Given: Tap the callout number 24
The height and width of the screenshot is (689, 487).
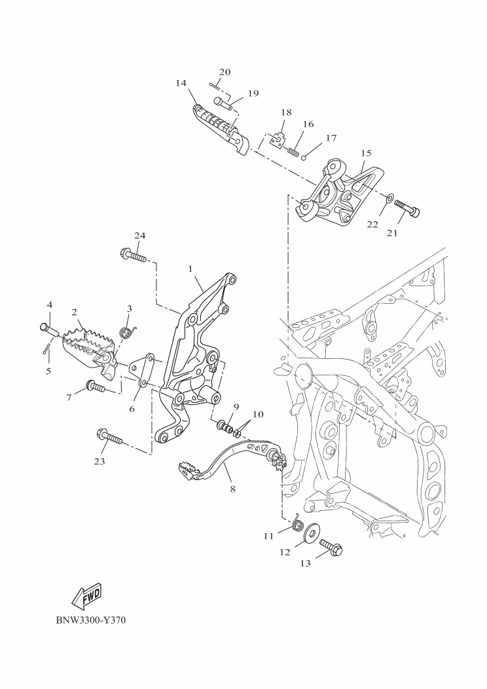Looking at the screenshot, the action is pos(139,236).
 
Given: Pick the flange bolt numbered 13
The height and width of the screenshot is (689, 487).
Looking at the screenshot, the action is pos(331,547).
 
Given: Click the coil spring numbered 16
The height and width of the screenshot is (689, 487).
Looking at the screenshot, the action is pos(294,152).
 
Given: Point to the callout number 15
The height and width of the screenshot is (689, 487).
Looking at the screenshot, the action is pos(367,153).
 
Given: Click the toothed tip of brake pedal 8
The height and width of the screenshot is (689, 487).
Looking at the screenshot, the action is pos(190,470).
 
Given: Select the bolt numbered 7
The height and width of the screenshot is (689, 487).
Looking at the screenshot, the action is pos(96,387).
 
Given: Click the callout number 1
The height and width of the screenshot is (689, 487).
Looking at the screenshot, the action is pos(190,269).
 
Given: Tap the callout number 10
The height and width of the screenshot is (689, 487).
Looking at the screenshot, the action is pos(258,414).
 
